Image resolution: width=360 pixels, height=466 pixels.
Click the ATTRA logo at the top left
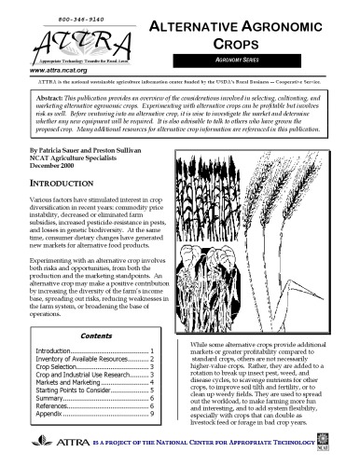71,42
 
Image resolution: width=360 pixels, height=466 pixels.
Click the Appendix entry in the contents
52,414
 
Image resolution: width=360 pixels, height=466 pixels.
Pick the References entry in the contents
56,405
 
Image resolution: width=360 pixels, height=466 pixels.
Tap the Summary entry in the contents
52,397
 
